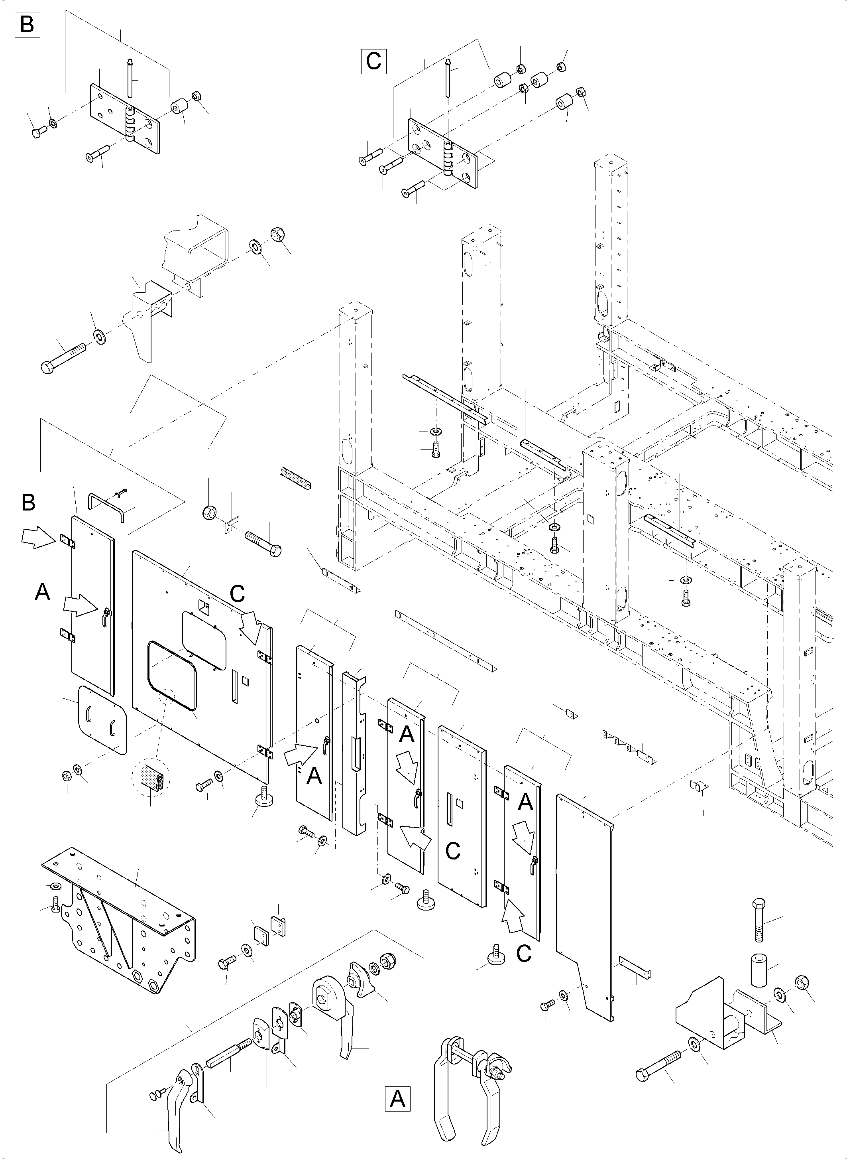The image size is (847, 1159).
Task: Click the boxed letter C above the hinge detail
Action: pos(373,61)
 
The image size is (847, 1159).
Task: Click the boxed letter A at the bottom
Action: pos(397,1098)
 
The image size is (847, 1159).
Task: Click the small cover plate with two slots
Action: pos(102,720)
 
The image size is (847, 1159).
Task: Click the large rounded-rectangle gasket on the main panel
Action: pos(172,675)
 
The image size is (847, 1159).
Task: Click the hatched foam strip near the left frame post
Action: pos(296,478)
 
